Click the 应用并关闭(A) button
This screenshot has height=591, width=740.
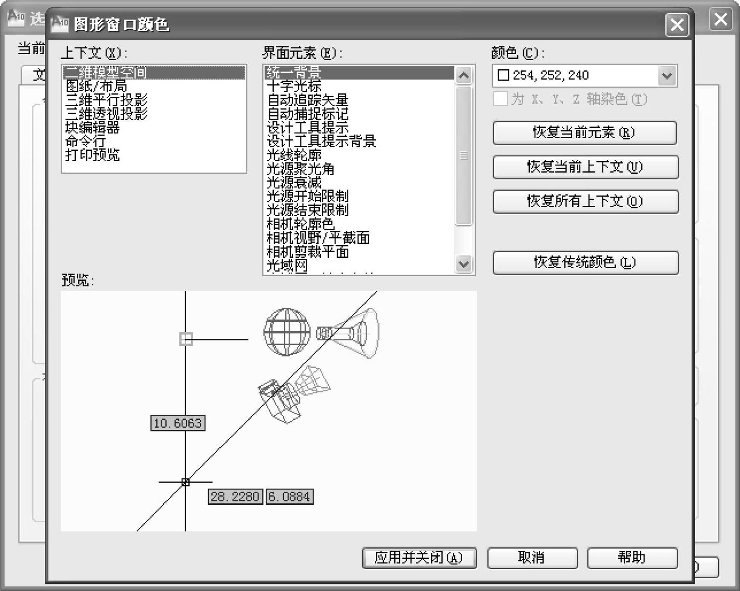point(419,558)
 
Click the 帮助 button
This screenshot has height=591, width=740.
point(632,558)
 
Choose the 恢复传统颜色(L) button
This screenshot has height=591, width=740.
point(585,262)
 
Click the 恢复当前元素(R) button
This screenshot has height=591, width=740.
point(584,132)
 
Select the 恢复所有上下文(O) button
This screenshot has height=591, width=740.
point(585,201)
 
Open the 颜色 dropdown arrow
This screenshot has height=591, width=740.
point(667,76)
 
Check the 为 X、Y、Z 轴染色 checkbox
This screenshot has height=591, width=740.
point(501,99)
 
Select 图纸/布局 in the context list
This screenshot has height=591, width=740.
point(96,87)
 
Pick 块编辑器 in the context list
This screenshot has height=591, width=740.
point(92,127)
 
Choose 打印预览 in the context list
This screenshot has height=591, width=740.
point(92,155)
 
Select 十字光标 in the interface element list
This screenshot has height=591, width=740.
point(294,86)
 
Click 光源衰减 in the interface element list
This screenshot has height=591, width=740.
point(294,182)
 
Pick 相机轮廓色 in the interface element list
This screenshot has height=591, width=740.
point(300,224)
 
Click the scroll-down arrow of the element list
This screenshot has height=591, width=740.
point(464,264)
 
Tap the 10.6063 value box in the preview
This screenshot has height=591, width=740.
point(177,423)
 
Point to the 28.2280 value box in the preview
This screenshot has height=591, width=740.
point(235,496)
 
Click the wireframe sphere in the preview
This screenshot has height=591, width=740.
point(287,332)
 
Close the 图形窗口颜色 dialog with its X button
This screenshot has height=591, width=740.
point(677,24)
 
